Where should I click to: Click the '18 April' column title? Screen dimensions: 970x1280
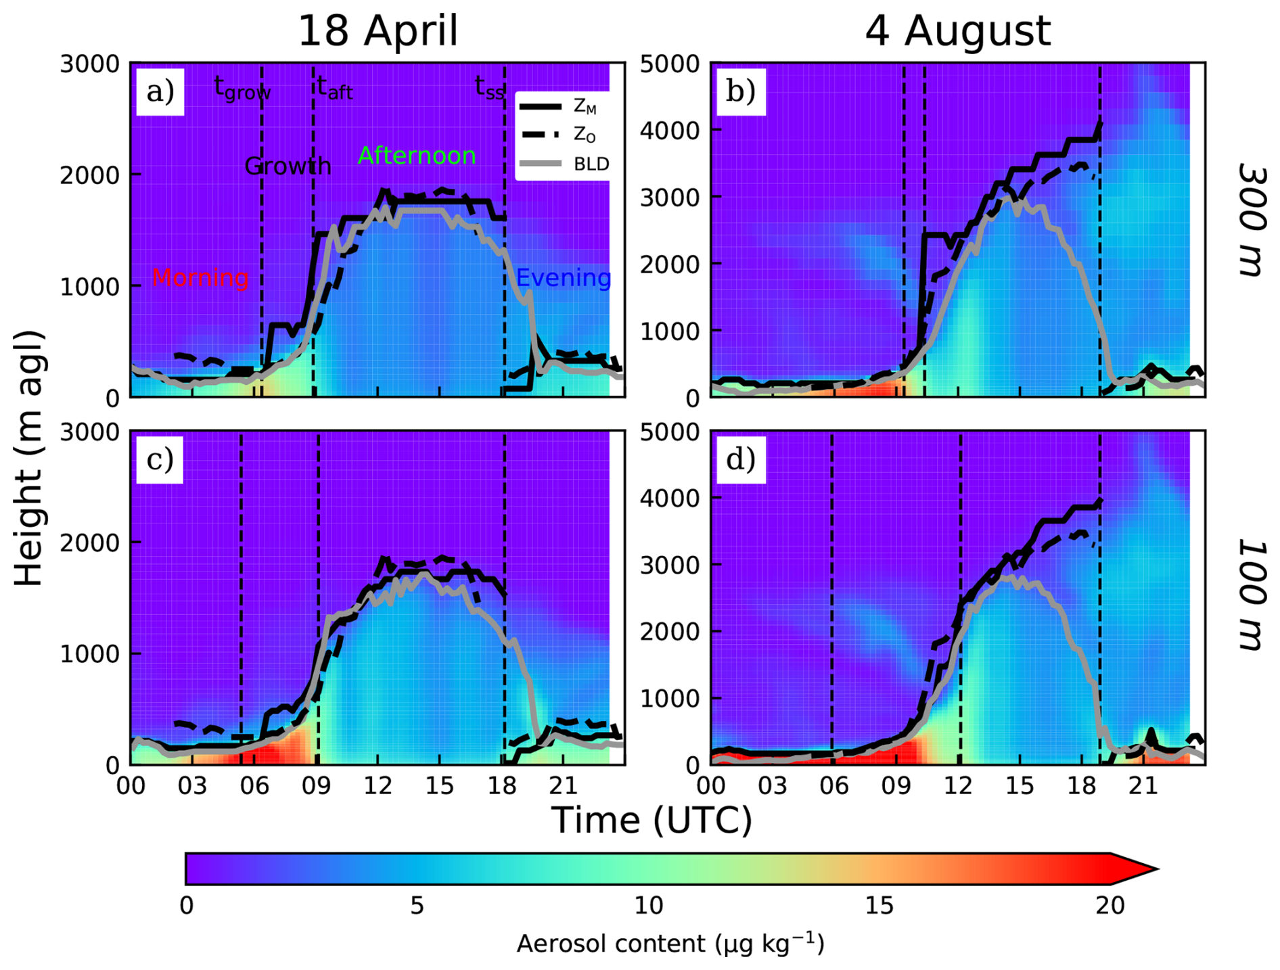[x=378, y=31]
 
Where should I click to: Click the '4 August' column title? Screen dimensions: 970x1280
[x=957, y=31]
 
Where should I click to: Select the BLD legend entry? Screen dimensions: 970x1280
[x=591, y=164]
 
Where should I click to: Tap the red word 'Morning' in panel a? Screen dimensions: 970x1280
[x=200, y=278]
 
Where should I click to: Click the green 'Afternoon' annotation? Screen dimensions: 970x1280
[x=416, y=156]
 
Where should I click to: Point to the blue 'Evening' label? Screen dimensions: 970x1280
[x=563, y=278]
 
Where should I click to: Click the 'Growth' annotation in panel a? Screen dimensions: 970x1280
[x=288, y=166]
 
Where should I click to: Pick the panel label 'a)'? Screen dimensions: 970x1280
[x=160, y=91]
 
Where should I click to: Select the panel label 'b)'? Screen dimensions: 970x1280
[x=741, y=91]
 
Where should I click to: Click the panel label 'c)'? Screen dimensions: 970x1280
[x=160, y=459]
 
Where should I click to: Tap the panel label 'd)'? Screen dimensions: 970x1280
[x=741, y=459]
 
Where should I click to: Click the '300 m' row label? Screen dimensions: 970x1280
[x=1251, y=219]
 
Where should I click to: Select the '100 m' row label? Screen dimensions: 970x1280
[x=1251, y=595]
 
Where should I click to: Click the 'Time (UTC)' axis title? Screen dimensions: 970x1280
[x=652, y=821]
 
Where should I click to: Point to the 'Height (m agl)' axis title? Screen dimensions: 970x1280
[x=28, y=459]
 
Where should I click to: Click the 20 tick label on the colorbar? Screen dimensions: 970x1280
[x=1110, y=906]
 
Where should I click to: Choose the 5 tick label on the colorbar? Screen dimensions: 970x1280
[x=417, y=906]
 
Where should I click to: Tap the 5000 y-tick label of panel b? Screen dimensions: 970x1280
[x=670, y=64]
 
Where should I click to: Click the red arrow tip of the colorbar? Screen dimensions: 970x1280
[x=1143, y=869]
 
